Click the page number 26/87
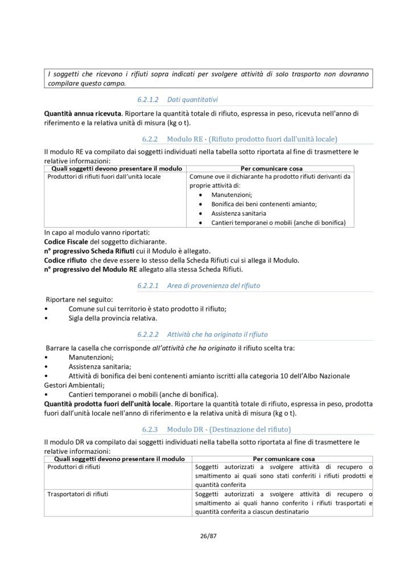[206, 535]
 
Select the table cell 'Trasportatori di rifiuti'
[78, 494]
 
